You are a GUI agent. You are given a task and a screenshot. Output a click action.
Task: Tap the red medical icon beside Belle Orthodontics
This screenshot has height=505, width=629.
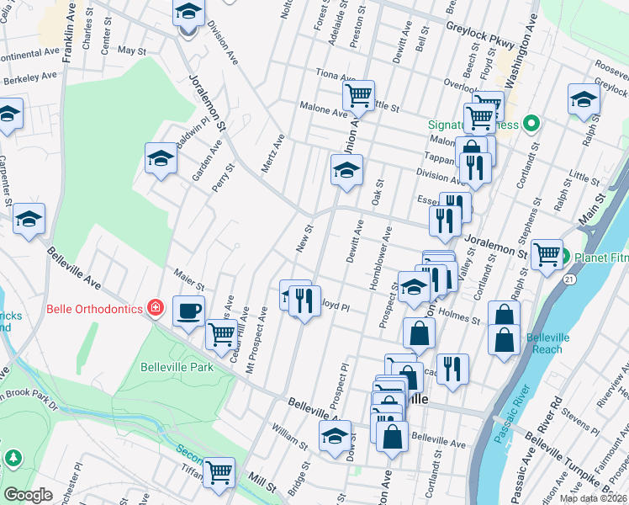click(155, 308)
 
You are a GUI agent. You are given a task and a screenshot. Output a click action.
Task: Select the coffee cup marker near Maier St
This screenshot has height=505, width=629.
click(188, 311)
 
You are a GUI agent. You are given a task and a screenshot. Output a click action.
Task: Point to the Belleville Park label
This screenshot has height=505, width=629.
click(177, 368)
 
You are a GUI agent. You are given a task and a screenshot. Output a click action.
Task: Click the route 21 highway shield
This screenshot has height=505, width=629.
click(570, 278)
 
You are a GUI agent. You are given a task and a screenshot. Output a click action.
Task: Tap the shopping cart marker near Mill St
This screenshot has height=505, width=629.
click(219, 472)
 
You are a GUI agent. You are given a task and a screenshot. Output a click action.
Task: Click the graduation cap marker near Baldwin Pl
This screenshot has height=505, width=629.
click(160, 157)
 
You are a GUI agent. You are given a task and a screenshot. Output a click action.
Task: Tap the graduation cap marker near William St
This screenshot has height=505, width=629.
click(335, 436)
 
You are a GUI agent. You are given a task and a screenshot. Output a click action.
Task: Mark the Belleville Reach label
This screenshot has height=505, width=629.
click(549, 343)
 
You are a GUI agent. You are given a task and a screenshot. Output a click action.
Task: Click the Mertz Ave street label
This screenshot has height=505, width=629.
click(272, 152)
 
